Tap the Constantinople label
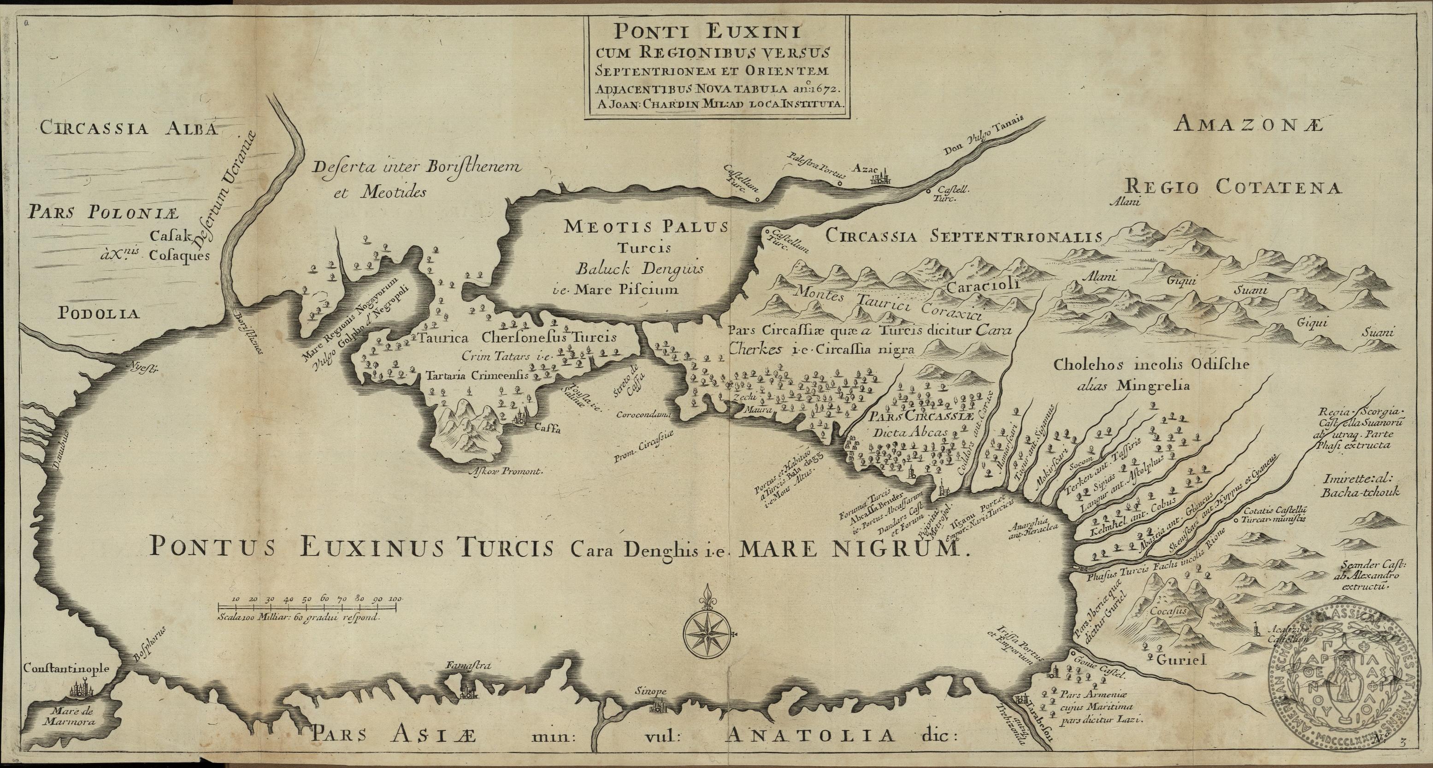pos(66,669)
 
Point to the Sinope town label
pos(650,692)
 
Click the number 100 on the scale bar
pos(395,598)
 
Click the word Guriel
pos(1180,661)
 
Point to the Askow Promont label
pos(505,471)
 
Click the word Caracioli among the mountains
pos(982,287)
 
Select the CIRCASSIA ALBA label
pos(127,129)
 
